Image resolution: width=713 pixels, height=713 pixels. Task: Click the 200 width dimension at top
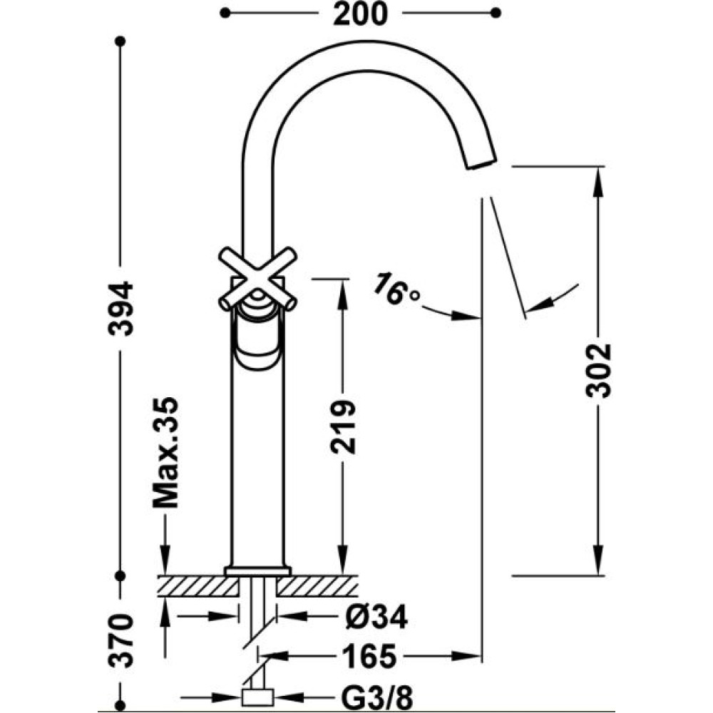coord(360,14)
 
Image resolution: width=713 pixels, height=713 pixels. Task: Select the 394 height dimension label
coord(121,308)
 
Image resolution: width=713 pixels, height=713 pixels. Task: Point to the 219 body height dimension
coord(342,426)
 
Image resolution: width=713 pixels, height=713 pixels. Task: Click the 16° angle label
coord(396,289)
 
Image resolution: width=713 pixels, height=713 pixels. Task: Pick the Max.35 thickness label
coord(165,452)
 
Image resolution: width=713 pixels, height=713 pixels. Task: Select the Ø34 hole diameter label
coord(376,617)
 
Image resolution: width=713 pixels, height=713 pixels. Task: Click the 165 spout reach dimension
coord(369,656)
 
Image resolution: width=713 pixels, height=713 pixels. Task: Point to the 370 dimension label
coord(121,640)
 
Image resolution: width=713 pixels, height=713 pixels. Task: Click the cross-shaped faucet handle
coord(258,278)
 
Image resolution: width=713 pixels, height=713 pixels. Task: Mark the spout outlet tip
coord(481,164)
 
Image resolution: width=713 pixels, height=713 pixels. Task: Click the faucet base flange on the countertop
coord(258,571)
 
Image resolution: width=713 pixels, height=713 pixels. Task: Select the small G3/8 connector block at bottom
coord(258,696)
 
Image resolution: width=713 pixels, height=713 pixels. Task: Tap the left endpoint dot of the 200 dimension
coord(225,13)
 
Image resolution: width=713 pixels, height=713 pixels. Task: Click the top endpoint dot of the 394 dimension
coord(120,41)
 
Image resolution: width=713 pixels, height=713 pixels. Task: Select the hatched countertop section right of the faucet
coord(317,585)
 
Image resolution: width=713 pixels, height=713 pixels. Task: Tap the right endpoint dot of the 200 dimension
coord(496,13)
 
